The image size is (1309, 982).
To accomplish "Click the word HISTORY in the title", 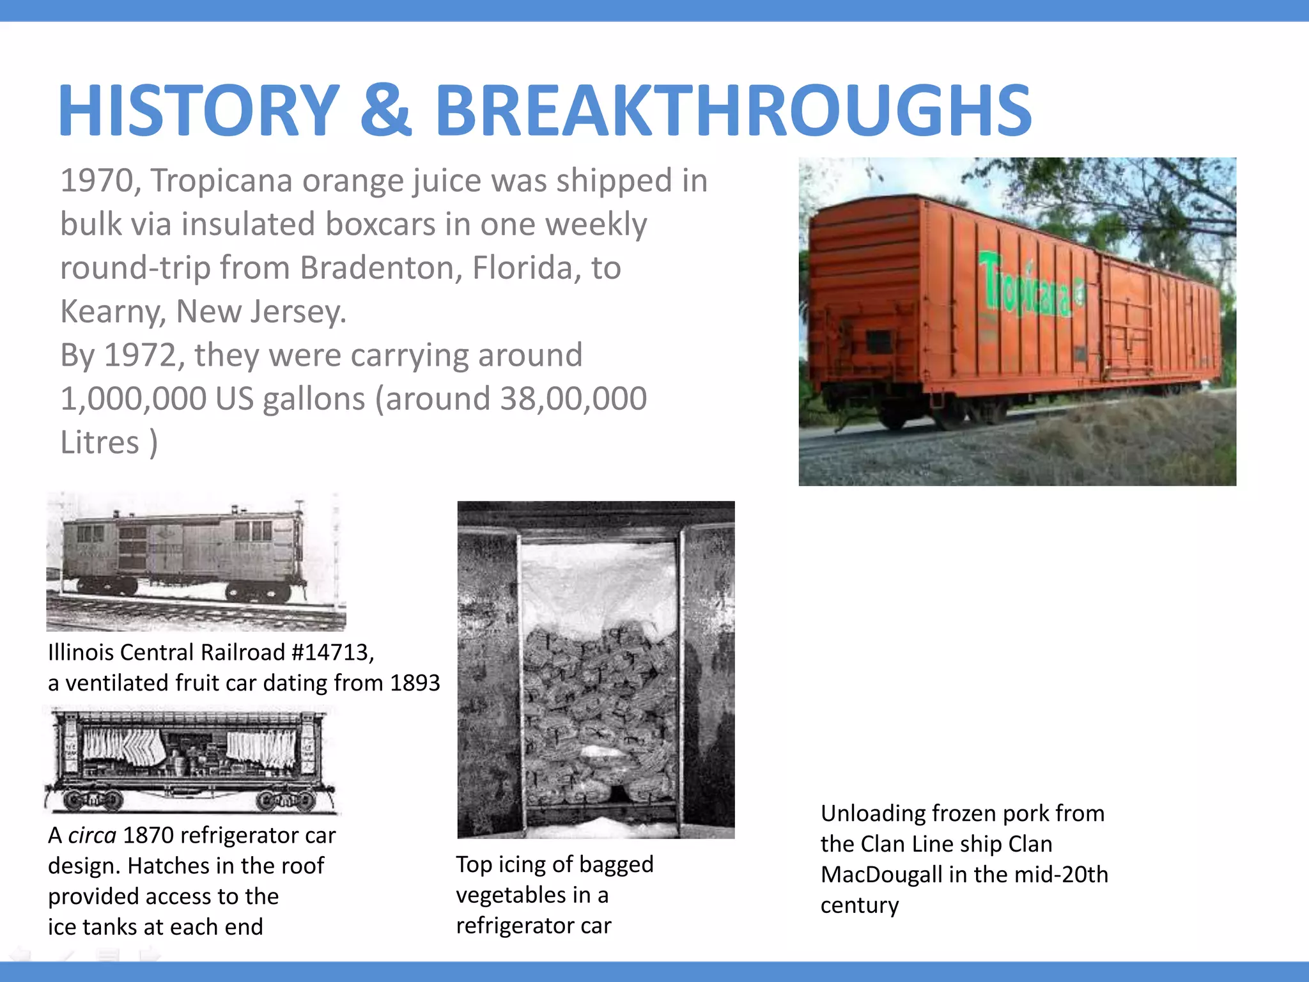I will [198, 110].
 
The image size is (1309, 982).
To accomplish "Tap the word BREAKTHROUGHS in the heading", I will [733, 110].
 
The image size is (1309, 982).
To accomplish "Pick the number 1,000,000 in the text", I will [132, 399].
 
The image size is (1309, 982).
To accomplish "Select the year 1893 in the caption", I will [415, 683].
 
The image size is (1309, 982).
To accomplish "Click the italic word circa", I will [92, 836].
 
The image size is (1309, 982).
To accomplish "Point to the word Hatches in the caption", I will [169, 866].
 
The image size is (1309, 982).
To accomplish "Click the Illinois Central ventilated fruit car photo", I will [195, 561].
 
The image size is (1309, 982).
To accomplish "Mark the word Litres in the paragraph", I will [100, 442].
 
